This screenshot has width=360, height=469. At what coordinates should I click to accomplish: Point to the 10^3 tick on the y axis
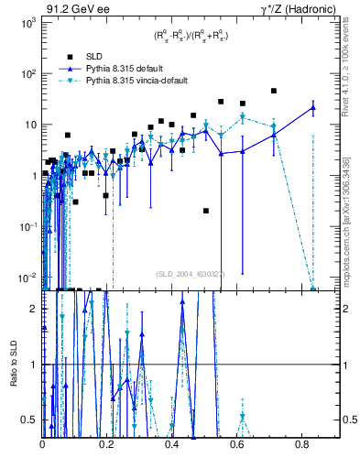pyautogui.click(x=27, y=22)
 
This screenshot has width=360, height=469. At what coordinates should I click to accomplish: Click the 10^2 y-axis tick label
pyautogui.click(x=27, y=73)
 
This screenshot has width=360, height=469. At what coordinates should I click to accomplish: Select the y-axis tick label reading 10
pyautogui.click(x=28, y=125)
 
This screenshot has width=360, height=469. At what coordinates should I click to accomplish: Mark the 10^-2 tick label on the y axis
pyautogui.click(x=27, y=278)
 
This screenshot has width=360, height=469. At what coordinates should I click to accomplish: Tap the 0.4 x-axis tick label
pyautogui.click(x=172, y=444)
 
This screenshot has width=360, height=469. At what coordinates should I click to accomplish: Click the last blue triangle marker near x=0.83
pyautogui.click(x=313, y=107)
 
